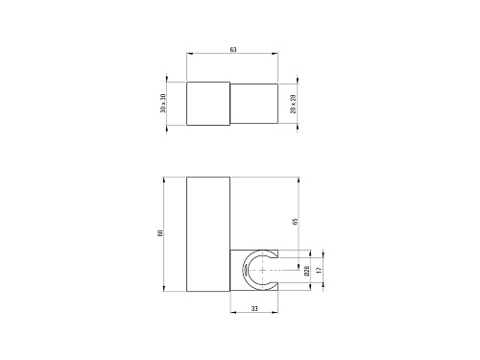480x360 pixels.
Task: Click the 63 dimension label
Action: [233, 50]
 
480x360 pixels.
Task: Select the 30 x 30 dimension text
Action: [163, 104]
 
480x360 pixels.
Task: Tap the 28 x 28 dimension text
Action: [294, 104]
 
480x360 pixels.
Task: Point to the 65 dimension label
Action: [296, 221]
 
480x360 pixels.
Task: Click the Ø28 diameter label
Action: [307, 271]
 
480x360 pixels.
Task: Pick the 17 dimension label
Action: [319, 271]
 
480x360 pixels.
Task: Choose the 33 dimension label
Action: [254, 309]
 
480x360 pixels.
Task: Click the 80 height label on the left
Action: [160, 233]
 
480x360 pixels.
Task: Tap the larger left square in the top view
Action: [208, 104]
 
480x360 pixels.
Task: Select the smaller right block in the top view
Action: [254, 104]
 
